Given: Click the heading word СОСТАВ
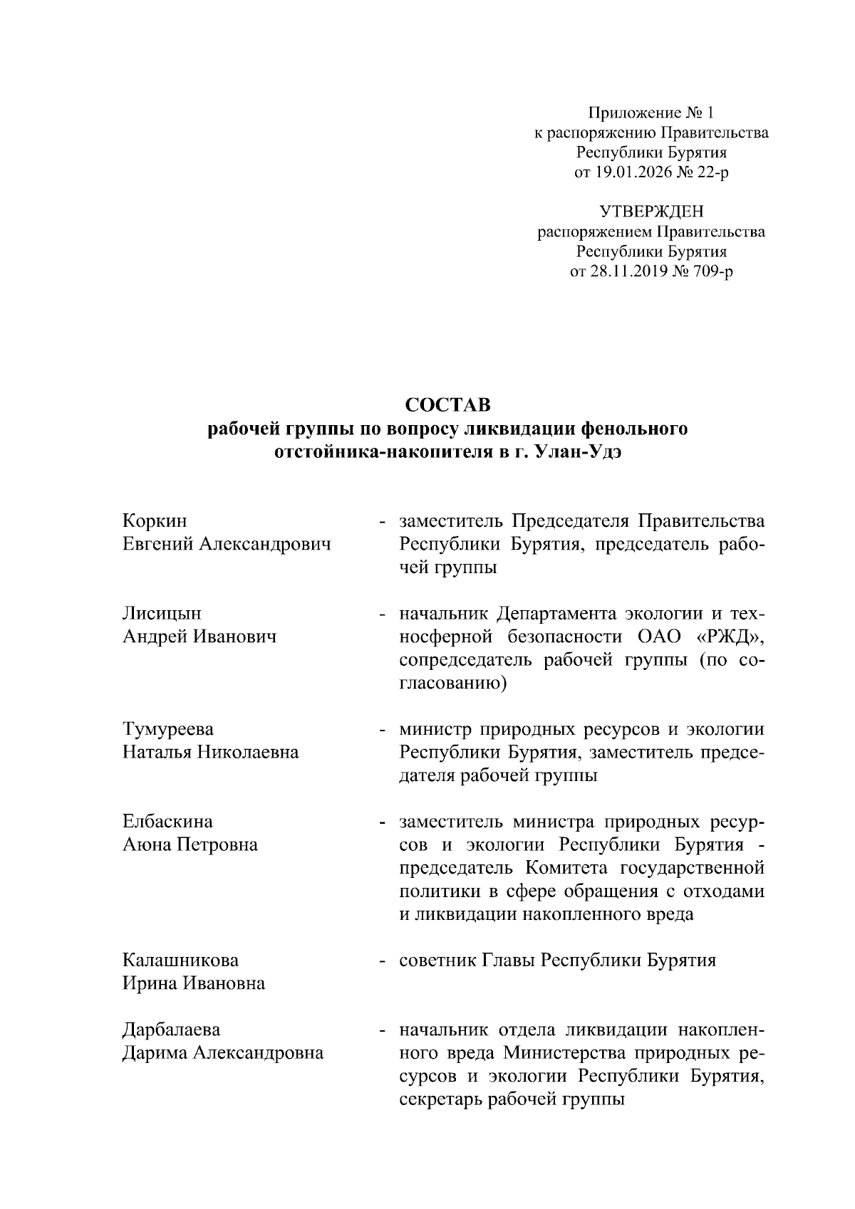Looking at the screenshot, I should [x=447, y=405].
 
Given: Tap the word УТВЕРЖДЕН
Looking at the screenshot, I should [x=651, y=211].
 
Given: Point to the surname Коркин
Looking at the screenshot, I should [x=155, y=521].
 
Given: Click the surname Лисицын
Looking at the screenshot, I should [x=162, y=614].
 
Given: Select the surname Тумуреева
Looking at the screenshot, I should [x=168, y=729].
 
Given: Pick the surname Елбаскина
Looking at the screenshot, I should [x=167, y=822].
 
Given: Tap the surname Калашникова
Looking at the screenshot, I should [x=180, y=961].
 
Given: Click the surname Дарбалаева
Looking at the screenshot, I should [x=171, y=1030].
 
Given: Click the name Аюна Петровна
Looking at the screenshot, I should [x=190, y=845].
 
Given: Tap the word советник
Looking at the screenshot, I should [x=437, y=961].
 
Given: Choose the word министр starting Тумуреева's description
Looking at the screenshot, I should [x=435, y=729].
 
